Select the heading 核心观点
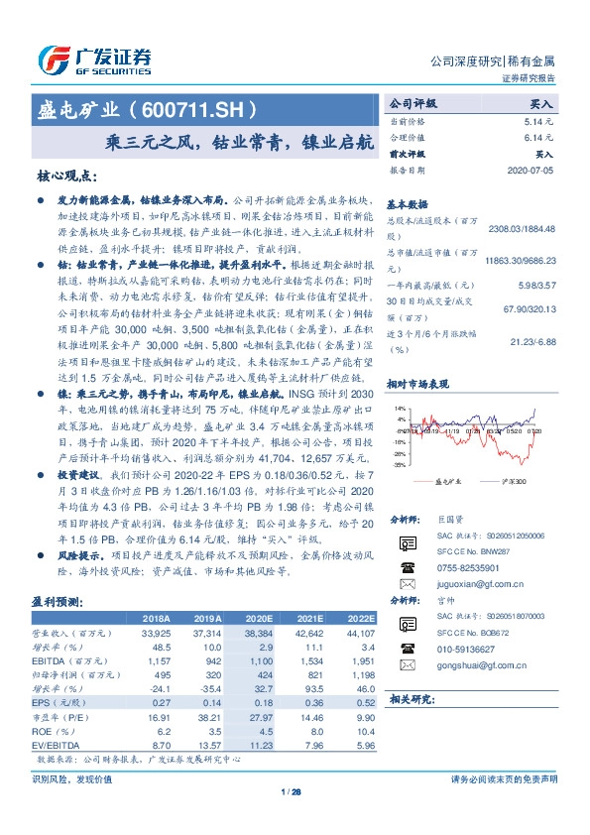[67, 176]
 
